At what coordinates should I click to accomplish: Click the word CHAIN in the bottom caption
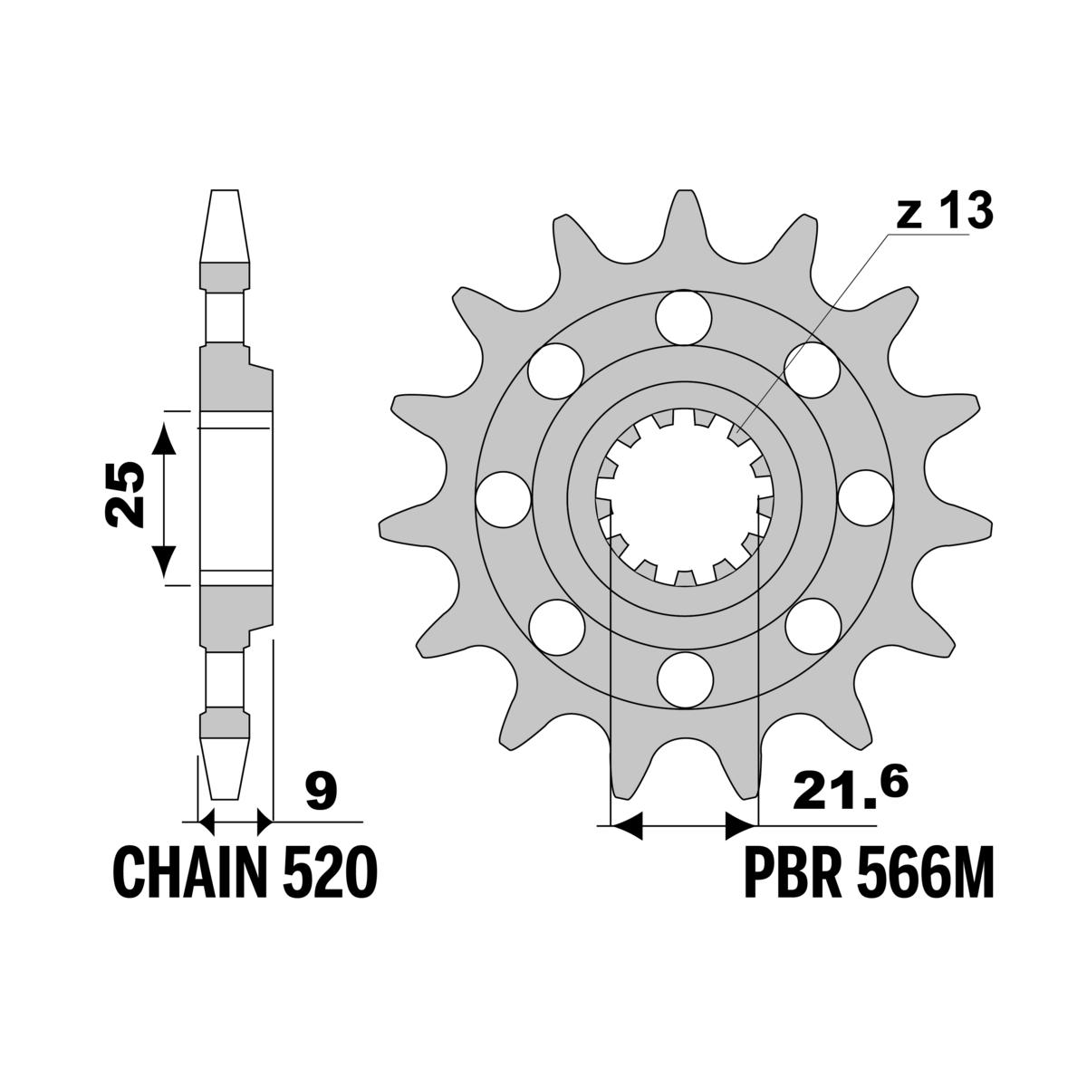pyautogui.click(x=187, y=871)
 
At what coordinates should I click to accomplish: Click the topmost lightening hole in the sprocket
pyautogui.click(x=684, y=317)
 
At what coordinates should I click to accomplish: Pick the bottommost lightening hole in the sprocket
pyautogui.click(x=684, y=680)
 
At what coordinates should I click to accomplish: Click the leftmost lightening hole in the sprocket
pyautogui.click(x=503, y=499)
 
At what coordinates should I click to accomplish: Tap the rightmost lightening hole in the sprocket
pyautogui.click(x=865, y=499)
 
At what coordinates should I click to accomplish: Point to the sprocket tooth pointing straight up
pyautogui.click(x=684, y=204)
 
